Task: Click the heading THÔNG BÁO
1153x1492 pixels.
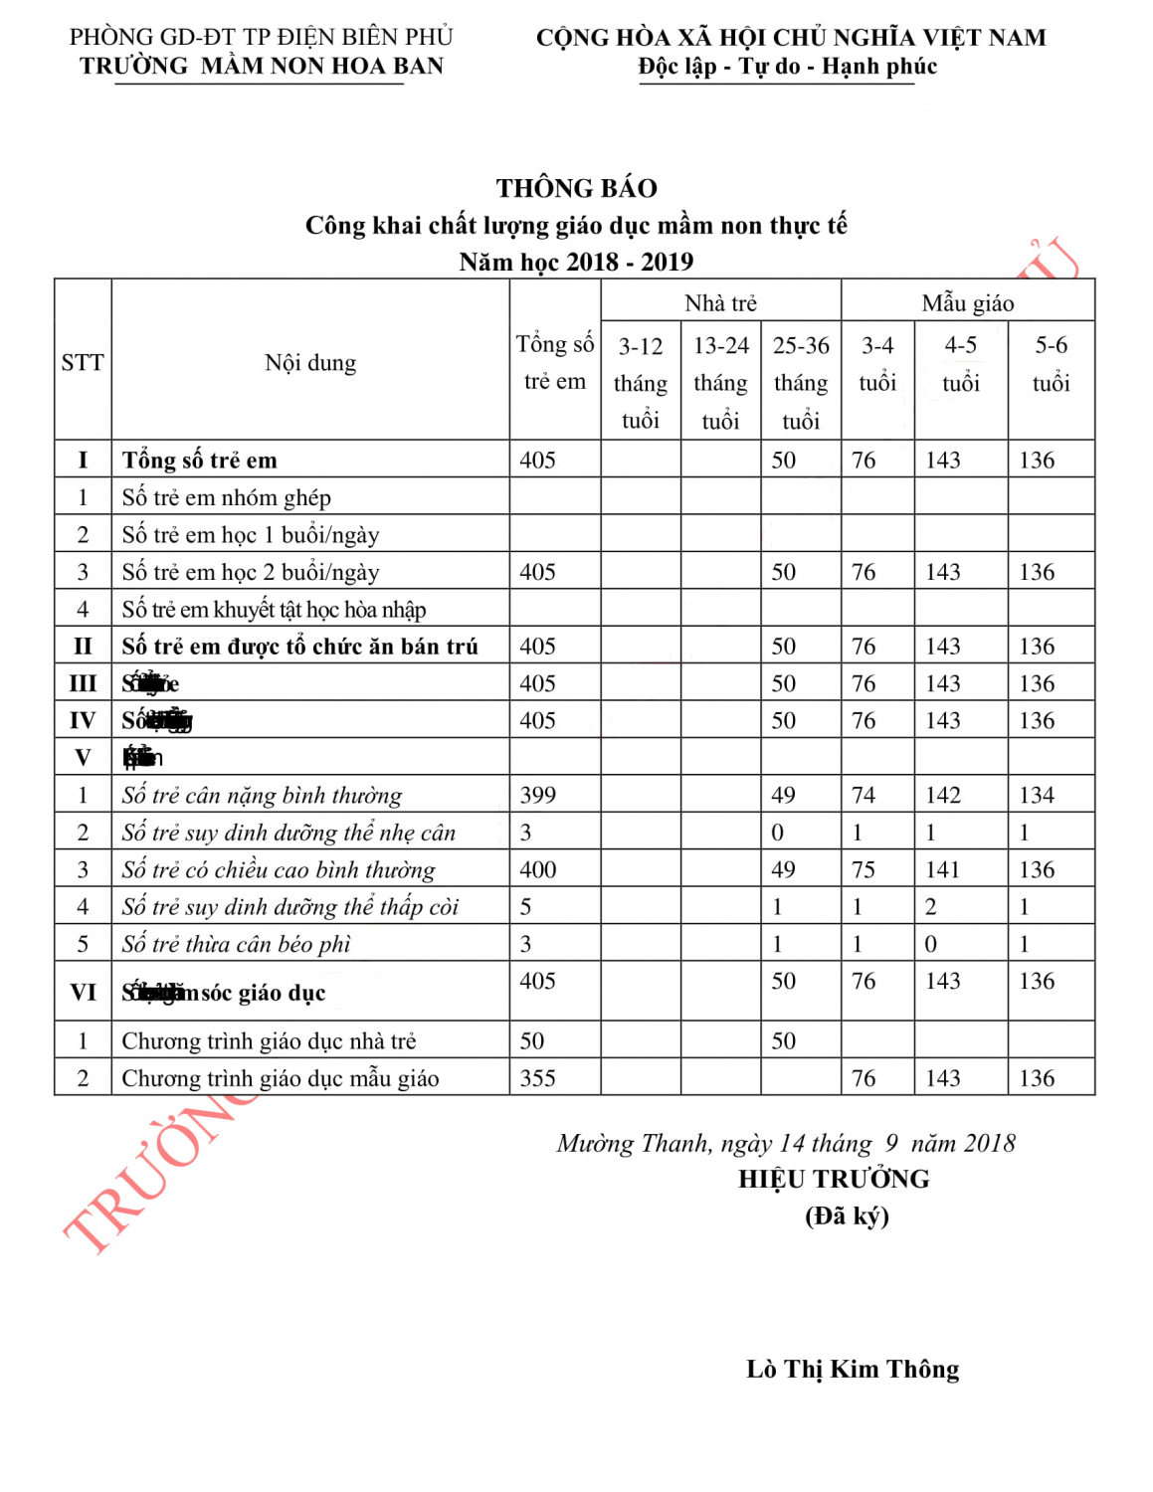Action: point(576,188)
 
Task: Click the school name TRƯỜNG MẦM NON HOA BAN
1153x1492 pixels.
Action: point(262,66)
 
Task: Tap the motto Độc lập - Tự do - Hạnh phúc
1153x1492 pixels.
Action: point(787,67)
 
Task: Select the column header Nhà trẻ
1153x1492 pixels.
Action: point(720,303)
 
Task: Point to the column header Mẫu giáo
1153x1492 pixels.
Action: point(967,303)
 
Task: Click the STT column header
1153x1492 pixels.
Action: point(83,362)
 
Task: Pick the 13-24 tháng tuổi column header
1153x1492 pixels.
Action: point(720,383)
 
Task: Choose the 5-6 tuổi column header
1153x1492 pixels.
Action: point(1051,363)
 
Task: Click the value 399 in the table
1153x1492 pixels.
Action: point(537,795)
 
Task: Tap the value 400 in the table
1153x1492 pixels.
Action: point(537,869)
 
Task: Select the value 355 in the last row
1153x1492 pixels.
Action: point(537,1078)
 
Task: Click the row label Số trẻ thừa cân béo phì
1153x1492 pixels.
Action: point(237,944)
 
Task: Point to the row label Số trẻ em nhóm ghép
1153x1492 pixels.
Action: point(226,497)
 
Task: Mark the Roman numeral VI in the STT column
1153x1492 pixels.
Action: point(83,992)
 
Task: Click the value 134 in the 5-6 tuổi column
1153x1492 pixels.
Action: point(1036,795)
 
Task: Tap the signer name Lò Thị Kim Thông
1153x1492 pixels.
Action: point(853,1370)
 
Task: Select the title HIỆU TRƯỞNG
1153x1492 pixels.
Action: point(834,1180)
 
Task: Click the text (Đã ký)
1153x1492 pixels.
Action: point(847,1215)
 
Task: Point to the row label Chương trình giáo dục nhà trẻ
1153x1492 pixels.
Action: point(269,1041)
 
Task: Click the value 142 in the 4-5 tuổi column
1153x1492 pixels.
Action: point(943,795)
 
